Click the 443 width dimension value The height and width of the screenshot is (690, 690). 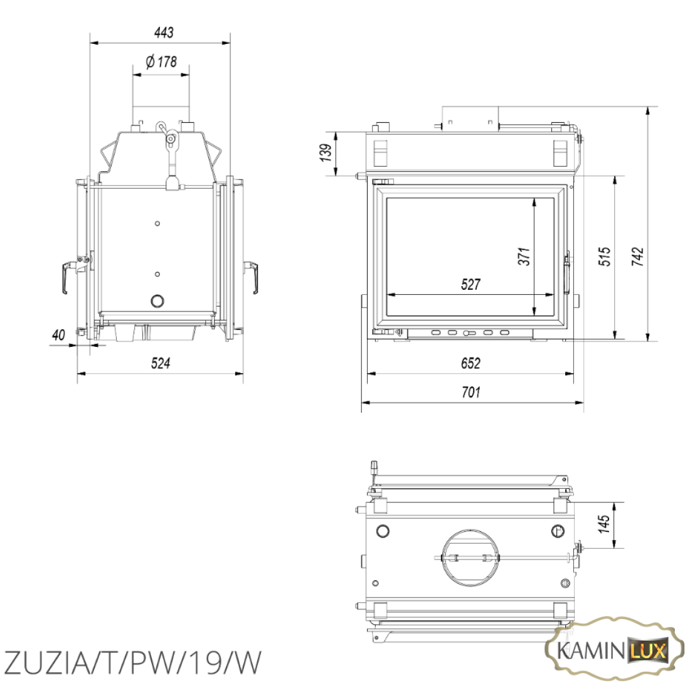164,32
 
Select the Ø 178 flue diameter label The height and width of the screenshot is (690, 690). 161,61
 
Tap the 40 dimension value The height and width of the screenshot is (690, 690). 58,336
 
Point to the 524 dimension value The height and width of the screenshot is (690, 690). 160,363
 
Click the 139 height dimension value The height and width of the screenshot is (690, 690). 326,152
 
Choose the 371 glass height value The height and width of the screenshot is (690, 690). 524,256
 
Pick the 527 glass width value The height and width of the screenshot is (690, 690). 470,284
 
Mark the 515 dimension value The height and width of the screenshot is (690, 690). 605,256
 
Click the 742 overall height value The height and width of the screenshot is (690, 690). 638,256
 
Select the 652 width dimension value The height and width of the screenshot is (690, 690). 470,363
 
